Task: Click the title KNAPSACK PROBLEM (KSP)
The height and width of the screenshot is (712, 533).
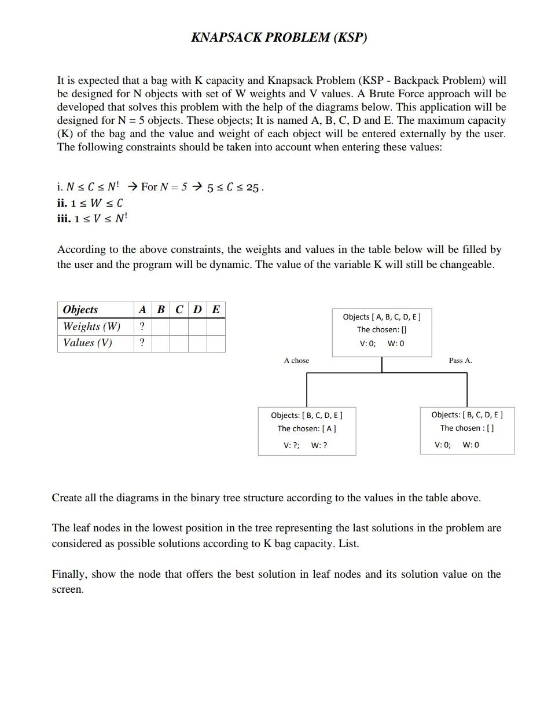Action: click(x=279, y=38)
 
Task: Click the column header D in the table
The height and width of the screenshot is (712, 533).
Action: click(x=197, y=309)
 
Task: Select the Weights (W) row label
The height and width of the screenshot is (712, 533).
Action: click(x=91, y=326)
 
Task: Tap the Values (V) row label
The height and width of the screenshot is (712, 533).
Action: click(x=87, y=343)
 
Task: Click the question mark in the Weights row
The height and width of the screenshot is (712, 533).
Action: click(x=142, y=326)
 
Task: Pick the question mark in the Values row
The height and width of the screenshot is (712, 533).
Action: click(x=142, y=343)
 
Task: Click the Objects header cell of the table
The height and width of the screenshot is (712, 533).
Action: click(x=80, y=309)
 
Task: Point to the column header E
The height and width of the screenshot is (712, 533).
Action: click(x=216, y=309)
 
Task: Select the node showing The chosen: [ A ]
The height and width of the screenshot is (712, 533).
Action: click(x=307, y=430)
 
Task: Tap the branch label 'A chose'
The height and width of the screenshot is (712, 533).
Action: click(x=296, y=361)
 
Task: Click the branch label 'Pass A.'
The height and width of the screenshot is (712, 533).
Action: click(x=460, y=361)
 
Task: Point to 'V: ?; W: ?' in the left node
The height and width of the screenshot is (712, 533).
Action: click(x=305, y=446)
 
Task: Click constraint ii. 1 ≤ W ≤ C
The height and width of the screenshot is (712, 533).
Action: click(x=90, y=203)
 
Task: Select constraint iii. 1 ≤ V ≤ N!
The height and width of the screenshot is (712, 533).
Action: click(x=92, y=218)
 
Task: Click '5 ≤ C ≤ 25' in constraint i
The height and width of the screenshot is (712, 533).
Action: click(x=236, y=188)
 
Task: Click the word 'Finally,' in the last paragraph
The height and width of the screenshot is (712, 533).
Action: click(x=68, y=574)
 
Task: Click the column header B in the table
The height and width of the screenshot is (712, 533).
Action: click(x=161, y=309)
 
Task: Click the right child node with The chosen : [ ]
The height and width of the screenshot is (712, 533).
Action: click(x=467, y=430)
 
